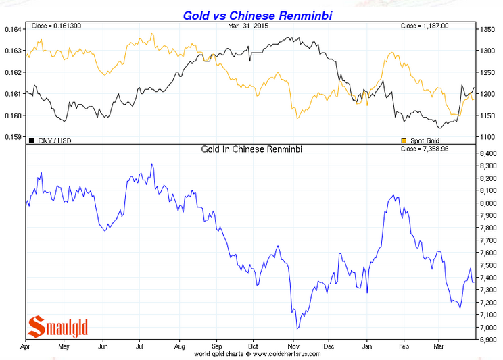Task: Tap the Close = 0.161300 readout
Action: pos(57,26)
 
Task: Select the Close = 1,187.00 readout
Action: pos(425,26)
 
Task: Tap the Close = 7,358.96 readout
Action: pos(425,149)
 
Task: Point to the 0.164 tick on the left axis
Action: pos(13,29)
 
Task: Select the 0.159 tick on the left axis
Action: pos(13,137)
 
